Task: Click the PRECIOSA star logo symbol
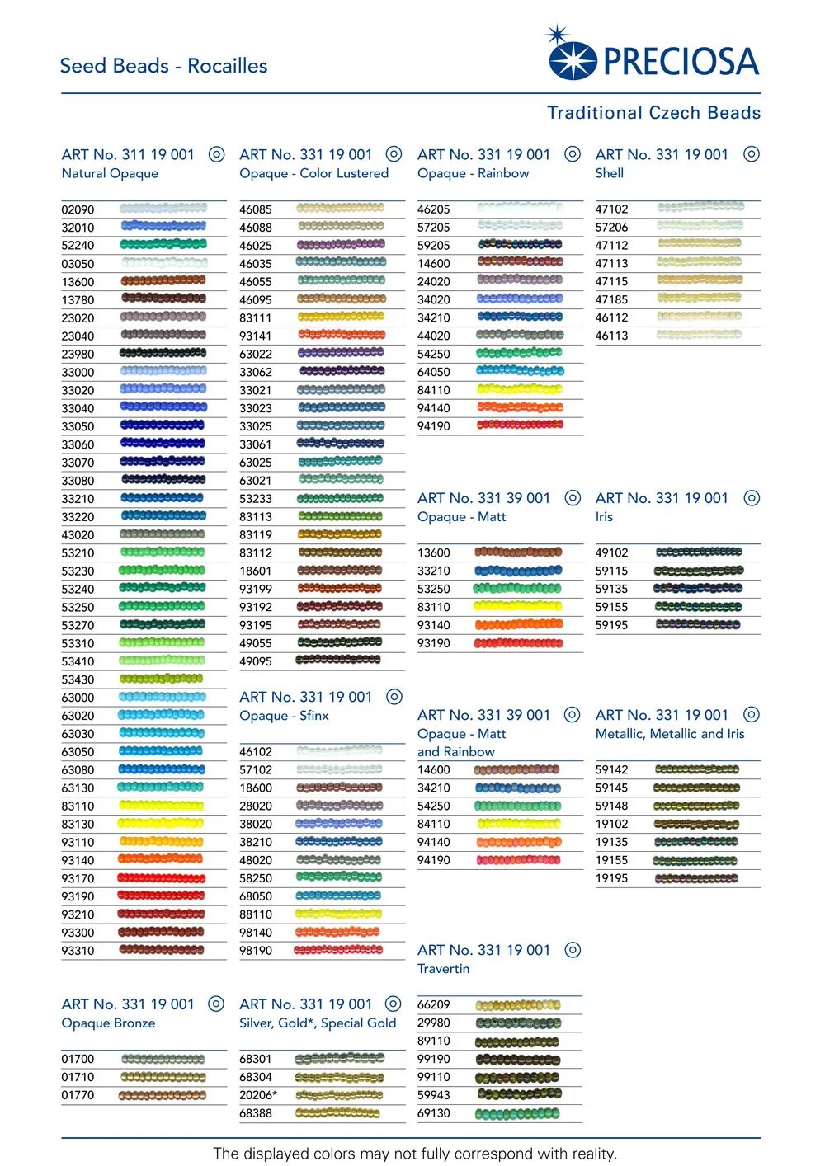571,56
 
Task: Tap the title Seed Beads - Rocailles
163,66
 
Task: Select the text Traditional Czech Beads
653,113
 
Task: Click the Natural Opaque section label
110,173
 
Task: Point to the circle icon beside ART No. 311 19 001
216,154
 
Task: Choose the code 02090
78,209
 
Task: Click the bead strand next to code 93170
162,878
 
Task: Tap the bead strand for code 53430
162,679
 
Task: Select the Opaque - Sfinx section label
284,716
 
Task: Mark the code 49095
256,661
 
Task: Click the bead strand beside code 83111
341,317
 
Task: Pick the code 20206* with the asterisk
258,1095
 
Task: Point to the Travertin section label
443,969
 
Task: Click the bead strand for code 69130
518,1113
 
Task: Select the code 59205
434,246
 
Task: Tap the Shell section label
610,173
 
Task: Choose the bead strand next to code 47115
700,281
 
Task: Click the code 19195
611,878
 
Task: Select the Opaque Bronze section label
108,1023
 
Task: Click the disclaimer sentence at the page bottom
414,1154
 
